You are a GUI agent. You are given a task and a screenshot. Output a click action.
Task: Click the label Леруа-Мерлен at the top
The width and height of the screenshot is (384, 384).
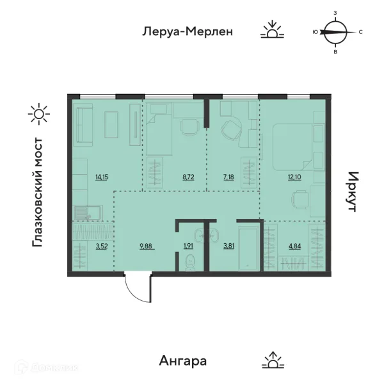tap(186, 31)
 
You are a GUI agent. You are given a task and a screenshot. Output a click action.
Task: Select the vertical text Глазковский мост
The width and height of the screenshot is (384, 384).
tap(38, 192)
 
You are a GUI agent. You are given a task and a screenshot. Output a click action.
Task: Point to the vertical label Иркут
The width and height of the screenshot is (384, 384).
tap(353, 192)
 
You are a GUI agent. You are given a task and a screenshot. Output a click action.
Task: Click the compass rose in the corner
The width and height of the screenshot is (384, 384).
tap(335, 31)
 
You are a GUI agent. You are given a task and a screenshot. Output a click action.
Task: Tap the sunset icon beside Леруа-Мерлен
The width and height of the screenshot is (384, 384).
tap(272, 30)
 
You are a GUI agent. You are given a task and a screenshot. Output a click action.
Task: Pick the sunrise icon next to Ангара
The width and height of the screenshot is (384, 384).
tap(273, 360)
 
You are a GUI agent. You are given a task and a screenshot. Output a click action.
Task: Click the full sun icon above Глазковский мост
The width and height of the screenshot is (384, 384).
tap(38, 115)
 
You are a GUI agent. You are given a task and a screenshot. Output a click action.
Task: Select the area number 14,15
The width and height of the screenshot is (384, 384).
tap(101, 177)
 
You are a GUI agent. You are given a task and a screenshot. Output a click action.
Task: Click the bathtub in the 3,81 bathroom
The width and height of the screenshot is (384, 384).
tap(248, 246)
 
